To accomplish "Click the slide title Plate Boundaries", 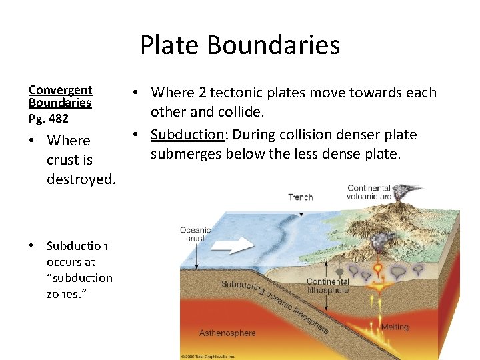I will click(240, 45).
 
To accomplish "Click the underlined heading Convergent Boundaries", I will click(60, 96).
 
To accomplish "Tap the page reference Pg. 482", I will click(48, 119).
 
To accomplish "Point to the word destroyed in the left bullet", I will click(81, 179).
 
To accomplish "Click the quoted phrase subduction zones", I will click(79, 285).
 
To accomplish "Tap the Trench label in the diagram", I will click(300, 197).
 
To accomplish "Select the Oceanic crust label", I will click(195, 234).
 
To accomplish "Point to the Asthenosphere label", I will click(227, 333).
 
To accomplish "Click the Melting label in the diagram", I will click(395, 327).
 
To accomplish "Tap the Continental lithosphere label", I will click(327, 286).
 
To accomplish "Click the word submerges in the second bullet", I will click(182, 155).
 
